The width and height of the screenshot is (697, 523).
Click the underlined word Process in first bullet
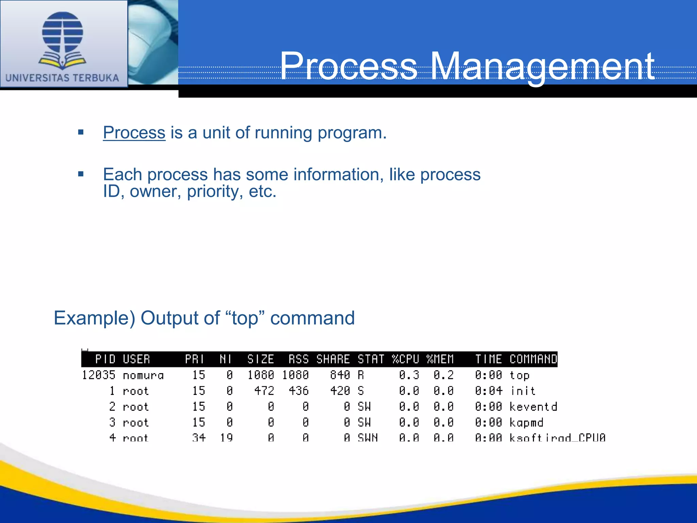tap(134, 133)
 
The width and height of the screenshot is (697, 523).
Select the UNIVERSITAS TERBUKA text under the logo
tap(62, 78)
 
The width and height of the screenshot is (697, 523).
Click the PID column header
tap(105, 359)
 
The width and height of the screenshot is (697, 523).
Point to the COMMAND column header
tap(533, 359)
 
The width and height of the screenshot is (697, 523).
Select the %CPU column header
tap(405, 359)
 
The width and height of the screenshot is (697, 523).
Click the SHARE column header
tap(333, 359)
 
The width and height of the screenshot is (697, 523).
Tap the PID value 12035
tap(99, 375)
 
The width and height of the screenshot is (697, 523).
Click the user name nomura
tap(143, 376)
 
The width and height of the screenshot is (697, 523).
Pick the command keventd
tap(533, 407)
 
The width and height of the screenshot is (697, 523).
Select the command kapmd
tap(526, 423)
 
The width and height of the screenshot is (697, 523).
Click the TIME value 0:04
tap(488, 391)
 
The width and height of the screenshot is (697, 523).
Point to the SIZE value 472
tap(264, 391)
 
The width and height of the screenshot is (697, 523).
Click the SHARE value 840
tap(340, 375)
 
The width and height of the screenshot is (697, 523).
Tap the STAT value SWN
tap(368, 438)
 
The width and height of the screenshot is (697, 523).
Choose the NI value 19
tap(226, 438)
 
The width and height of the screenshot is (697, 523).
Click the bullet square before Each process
tap(81, 174)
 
